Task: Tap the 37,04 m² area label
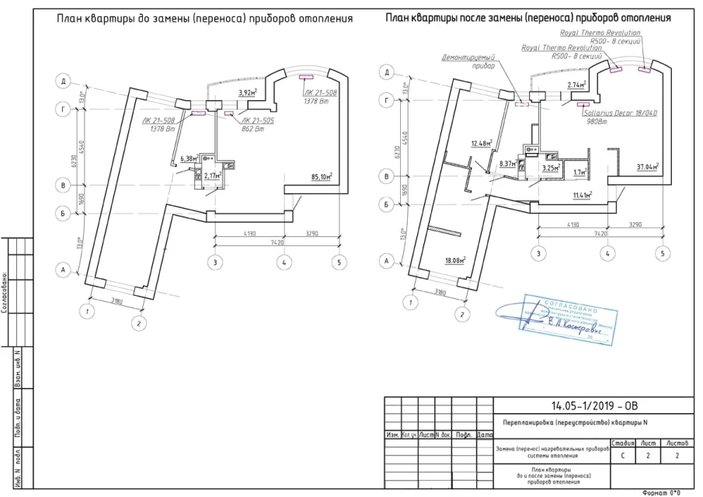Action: coord(647,166)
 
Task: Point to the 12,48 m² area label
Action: coord(482,143)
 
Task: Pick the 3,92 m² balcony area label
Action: coord(248,92)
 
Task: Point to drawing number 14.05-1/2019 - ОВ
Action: coord(593,405)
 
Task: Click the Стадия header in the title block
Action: coord(623,443)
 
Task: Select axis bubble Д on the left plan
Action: coord(65,80)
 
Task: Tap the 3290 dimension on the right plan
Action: coord(636,225)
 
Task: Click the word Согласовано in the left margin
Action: coord(5,292)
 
